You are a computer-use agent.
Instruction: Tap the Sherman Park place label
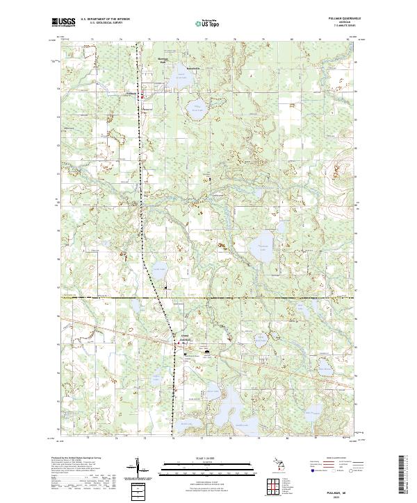164,60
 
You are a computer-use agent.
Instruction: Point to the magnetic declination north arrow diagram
137,468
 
